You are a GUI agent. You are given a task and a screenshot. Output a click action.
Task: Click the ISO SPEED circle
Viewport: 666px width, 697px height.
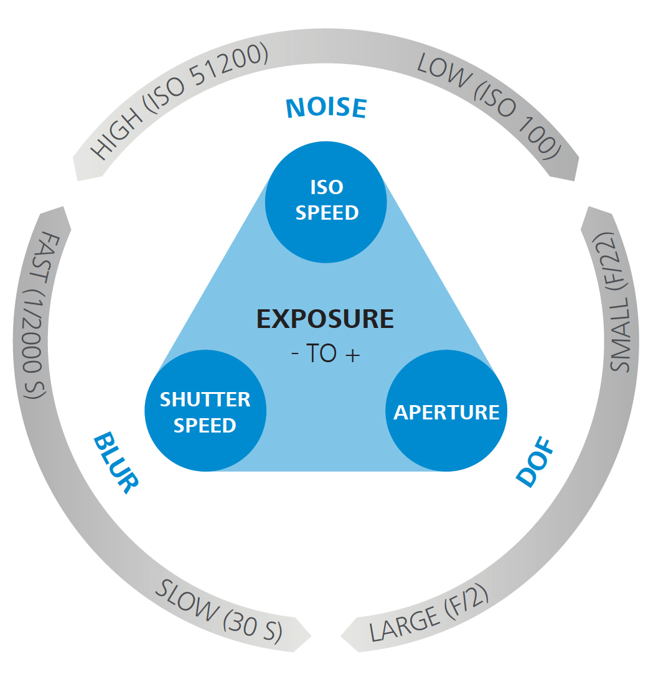(x=326, y=200)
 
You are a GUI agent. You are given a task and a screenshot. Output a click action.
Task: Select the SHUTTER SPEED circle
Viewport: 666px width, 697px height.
(x=205, y=411)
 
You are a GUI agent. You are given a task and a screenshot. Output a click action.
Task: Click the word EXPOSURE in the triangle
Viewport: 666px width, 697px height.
(x=325, y=319)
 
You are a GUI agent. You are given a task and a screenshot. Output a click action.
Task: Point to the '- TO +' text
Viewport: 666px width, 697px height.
(x=325, y=353)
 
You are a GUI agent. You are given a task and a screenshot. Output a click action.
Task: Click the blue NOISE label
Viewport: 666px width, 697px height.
(x=326, y=107)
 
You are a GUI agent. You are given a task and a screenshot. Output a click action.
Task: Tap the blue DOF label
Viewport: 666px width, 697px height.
(x=535, y=464)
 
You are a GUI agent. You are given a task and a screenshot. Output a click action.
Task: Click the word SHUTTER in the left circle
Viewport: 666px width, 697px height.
(x=205, y=399)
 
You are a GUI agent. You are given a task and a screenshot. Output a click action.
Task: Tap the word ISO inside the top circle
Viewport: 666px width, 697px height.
(x=327, y=187)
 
